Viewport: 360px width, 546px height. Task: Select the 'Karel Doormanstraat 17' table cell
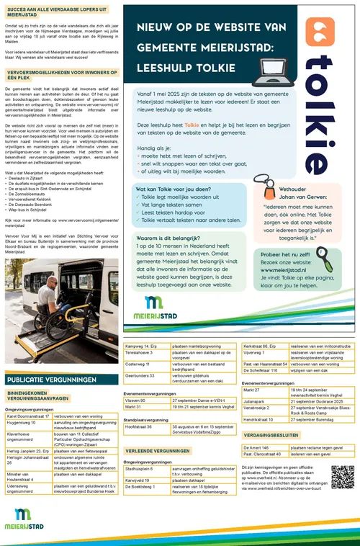point(28,416)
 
